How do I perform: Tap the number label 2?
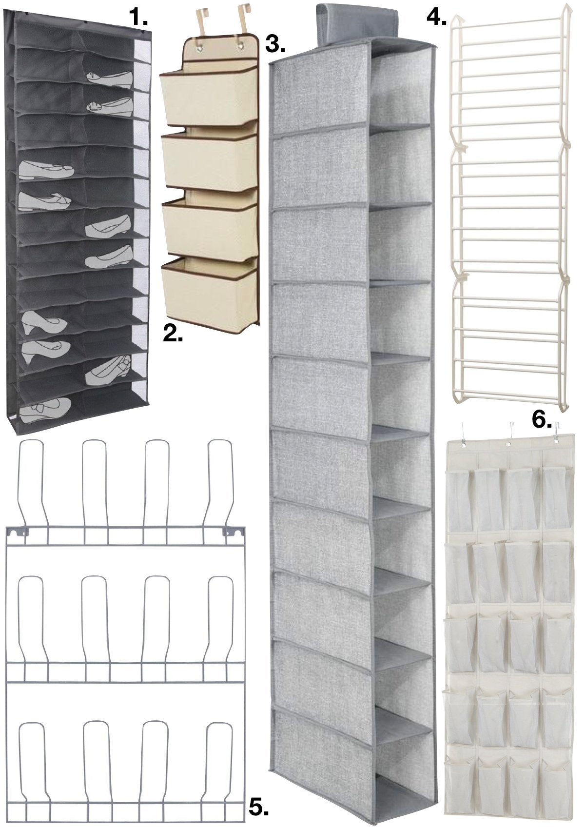(x=173, y=334)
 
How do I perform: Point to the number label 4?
(x=436, y=18)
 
